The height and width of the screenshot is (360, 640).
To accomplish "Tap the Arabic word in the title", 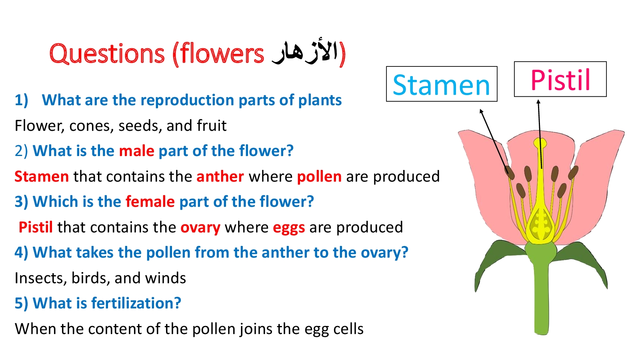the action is (x=304, y=52).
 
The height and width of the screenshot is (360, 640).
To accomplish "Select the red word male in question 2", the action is (x=136, y=151).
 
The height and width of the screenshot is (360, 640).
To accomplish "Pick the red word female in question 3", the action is (x=150, y=202).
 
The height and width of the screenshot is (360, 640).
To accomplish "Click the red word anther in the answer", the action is (x=220, y=176).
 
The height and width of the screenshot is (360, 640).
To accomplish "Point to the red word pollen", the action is (x=319, y=176).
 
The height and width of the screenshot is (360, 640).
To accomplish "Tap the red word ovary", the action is (x=200, y=228).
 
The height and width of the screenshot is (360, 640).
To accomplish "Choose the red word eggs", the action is (x=288, y=228).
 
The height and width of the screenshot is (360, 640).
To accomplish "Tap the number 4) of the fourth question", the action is (x=21, y=252).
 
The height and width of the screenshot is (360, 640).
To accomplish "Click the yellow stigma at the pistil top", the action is (x=540, y=142).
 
